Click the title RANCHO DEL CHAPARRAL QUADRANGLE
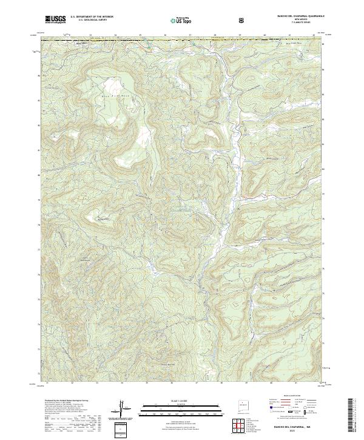coord(287,16)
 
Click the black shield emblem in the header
coord(242,19)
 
